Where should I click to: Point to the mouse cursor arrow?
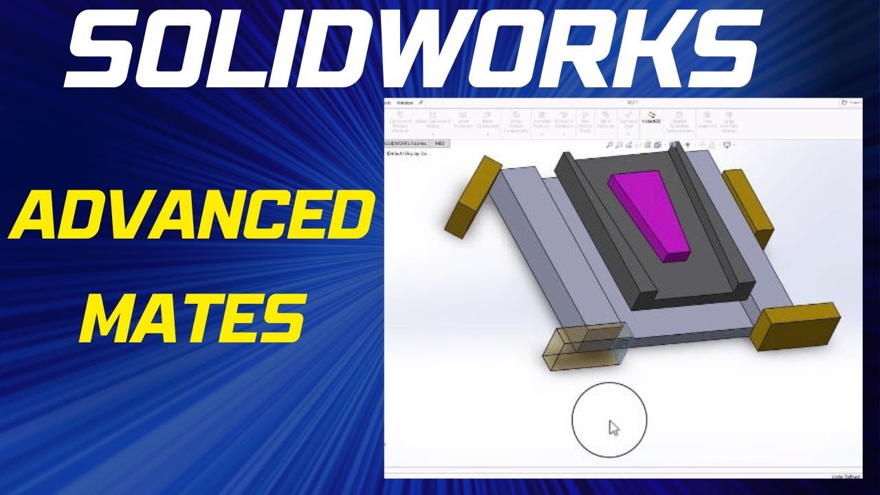coord(613,428)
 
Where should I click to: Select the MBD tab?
coord(440,144)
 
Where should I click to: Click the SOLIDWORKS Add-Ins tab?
coord(406,144)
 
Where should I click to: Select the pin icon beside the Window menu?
coord(420,102)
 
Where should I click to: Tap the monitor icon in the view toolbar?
coord(727,145)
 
